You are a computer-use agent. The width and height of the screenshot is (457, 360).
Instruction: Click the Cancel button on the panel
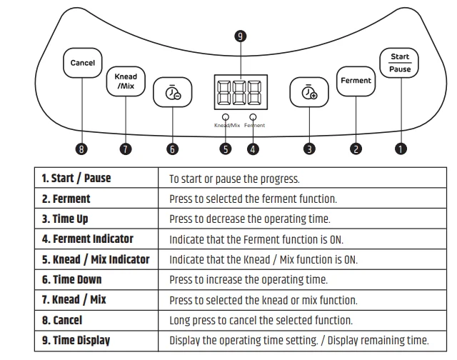[82, 63]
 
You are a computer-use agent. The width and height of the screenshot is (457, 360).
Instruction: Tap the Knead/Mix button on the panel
[126, 81]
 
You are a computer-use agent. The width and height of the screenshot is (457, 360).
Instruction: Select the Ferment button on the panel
[356, 81]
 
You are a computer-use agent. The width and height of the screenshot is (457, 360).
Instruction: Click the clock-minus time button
[173, 94]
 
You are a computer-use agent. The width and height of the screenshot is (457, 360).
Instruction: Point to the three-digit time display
[238, 91]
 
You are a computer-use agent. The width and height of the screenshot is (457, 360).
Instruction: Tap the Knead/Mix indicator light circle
[226, 116]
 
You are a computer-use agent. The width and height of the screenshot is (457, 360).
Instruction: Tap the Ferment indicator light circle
[253, 116]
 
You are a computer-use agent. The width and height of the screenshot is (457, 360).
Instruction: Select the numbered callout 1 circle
[401, 149]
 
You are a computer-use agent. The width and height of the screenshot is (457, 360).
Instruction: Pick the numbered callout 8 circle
[82, 149]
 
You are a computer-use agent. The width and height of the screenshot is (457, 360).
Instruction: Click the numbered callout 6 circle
[172, 149]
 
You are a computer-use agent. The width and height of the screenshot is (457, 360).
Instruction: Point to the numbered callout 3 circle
[309, 149]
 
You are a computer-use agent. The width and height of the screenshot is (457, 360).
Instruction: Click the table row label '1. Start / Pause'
[76, 178]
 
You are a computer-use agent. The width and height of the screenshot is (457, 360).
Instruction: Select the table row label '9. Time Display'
[76, 340]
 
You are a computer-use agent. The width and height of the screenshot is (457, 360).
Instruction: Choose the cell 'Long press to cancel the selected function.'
[261, 320]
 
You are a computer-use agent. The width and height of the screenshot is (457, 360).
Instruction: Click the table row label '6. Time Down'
[71, 279]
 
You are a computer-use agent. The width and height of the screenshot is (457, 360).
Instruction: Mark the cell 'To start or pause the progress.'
[234, 179]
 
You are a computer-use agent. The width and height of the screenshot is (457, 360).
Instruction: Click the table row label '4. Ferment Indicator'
[87, 239]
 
